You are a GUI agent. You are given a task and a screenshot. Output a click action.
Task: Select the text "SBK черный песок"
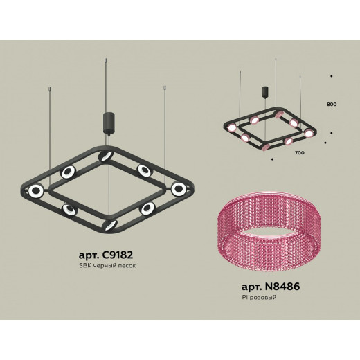pyautogui.click(x=107, y=266)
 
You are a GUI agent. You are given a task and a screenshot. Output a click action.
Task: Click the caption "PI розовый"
pyautogui.click(x=259, y=297)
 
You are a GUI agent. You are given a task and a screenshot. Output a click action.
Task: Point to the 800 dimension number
pyautogui.click(x=332, y=104)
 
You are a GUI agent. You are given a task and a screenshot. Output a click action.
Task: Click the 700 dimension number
pyautogui.click(x=299, y=153)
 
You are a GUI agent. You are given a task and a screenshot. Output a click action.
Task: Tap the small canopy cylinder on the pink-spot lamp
pyautogui.click(x=265, y=91)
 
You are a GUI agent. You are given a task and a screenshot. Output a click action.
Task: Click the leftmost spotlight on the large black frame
pyautogui.click(x=36, y=190)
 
